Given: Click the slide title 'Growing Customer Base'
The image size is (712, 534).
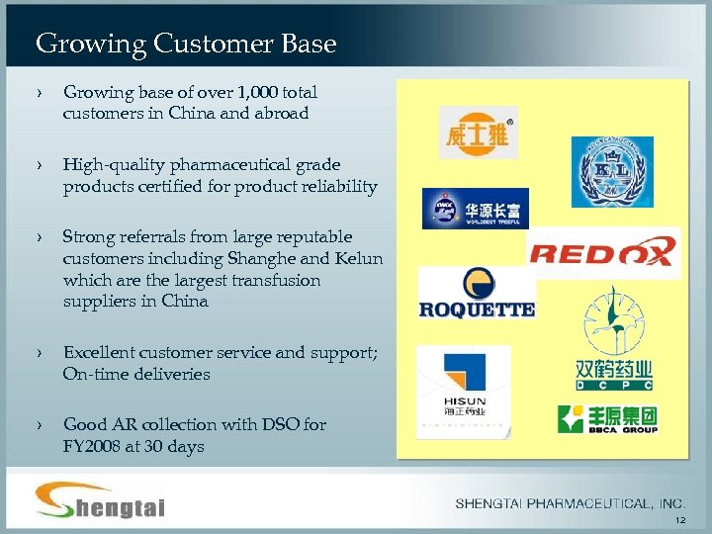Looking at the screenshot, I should [186, 44].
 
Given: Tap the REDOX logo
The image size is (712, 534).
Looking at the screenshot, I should [603, 252].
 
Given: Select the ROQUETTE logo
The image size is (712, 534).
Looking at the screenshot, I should [477, 293].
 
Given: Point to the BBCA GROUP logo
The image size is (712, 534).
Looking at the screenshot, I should [608, 419].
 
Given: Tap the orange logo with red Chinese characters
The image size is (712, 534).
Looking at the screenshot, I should [478, 133].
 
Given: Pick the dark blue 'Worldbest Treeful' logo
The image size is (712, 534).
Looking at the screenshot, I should [475, 209].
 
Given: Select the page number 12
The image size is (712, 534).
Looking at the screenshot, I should [678, 521].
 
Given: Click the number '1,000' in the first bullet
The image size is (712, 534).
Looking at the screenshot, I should [254, 92].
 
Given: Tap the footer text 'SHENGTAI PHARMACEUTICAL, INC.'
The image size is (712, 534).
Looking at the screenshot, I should [571, 504].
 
